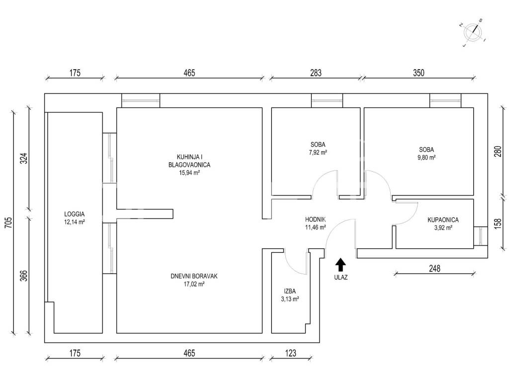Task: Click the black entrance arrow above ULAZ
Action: [340, 265]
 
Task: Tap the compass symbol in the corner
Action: [473, 32]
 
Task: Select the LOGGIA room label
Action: [75, 214]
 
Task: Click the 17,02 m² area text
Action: [194, 284]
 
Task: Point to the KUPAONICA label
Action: [443, 220]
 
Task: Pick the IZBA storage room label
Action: [290, 291]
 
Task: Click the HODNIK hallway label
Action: [316, 219]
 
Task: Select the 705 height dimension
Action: [8, 222]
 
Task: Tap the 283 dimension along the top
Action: [316, 73]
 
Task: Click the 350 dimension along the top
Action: [419, 73]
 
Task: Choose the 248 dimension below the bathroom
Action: [434, 268]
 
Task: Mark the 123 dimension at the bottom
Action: [290, 353]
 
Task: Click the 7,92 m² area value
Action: [318, 152]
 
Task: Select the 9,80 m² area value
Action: [426, 158]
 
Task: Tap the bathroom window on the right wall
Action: [481, 236]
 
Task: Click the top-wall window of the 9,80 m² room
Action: [445, 100]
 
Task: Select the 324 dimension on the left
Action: [24, 158]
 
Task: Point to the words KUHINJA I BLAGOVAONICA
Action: [189, 161]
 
